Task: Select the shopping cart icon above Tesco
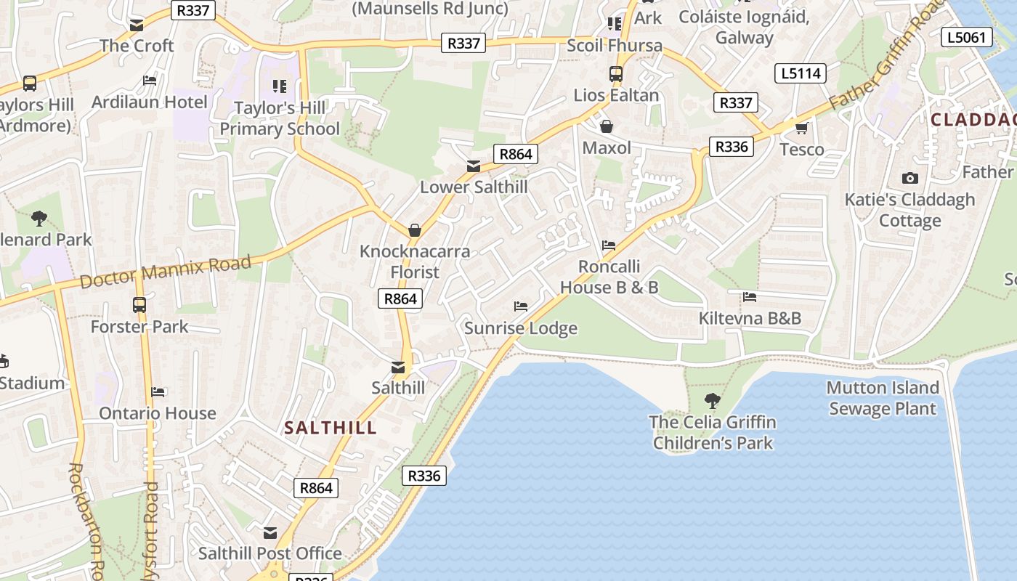pos(801,129)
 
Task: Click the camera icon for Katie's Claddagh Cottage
pos(909,178)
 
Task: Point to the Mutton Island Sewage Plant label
pos(883,398)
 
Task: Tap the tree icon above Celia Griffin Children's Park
pos(713,399)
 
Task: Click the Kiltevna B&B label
pos(750,318)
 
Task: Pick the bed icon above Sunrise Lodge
pos(521,306)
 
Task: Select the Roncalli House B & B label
pos(609,277)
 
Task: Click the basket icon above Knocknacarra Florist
pos(415,230)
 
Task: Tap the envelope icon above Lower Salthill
pos(474,166)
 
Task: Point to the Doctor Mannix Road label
pos(166,272)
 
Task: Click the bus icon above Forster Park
pos(139,305)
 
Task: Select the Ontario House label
pos(158,413)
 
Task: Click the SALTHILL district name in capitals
pos(331,428)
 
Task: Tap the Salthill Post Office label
pos(270,553)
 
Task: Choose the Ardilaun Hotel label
pos(150,102)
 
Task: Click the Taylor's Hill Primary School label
pos(280,118)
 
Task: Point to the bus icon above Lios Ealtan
pos(616,73)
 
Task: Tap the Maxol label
pos(607,148)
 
